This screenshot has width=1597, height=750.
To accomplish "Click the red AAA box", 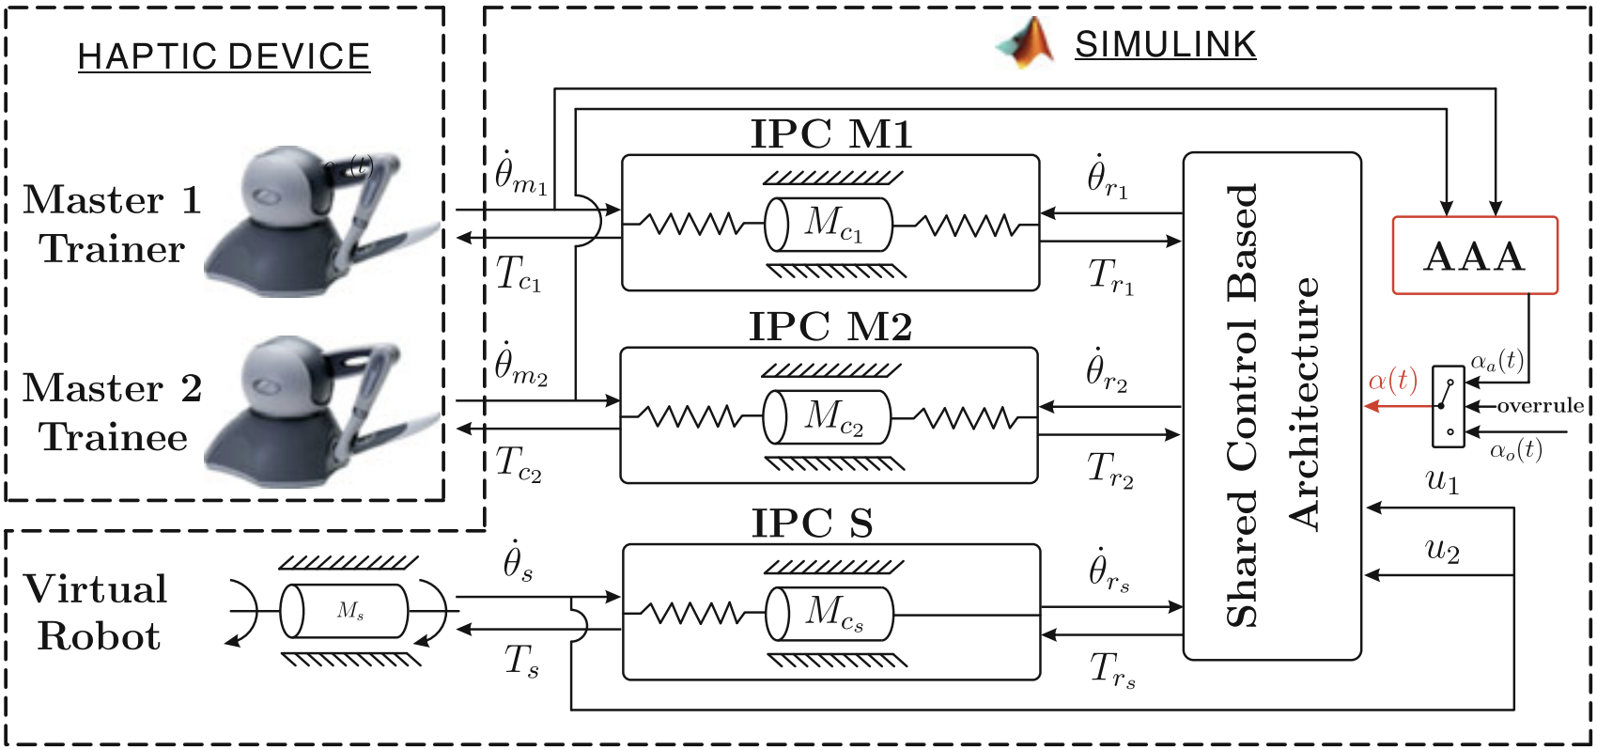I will pyautogui.click(x=1474, y=256).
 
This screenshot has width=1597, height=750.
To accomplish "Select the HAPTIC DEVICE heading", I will pyautogui.click(x=224, y=56).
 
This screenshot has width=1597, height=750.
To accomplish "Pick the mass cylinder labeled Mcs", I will pyautogui.click(x=830, y=614).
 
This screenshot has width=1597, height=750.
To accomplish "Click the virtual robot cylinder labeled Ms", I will pyautogui.click(x=345, y=611).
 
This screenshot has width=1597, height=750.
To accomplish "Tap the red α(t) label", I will pyautogui.click(x=1392, y=381).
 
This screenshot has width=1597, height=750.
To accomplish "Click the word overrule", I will pyautogui.click(x=1540, y=406).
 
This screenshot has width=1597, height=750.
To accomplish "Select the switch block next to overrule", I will pyautogui.click(x=1448, y=407).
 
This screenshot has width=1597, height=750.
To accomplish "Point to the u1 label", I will pyautogui.click(x=1442, y=481).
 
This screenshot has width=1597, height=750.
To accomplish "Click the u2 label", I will pyautogui.click(x=1442, y=549).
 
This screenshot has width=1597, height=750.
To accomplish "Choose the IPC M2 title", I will pyautogui.click(x=830, y=327).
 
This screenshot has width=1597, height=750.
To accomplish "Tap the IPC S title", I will pyautogui.click(x=813, y=523).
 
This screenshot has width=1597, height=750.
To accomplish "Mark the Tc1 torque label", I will pyautogui.click(x=518, y=274).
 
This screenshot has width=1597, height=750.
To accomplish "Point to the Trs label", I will pyautogui.click(x=1112, y=670).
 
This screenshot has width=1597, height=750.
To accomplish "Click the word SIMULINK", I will pyautogui.click(x=1165, y=44).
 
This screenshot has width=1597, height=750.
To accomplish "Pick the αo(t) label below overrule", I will pyautogui.click(x=1516, y=450).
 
